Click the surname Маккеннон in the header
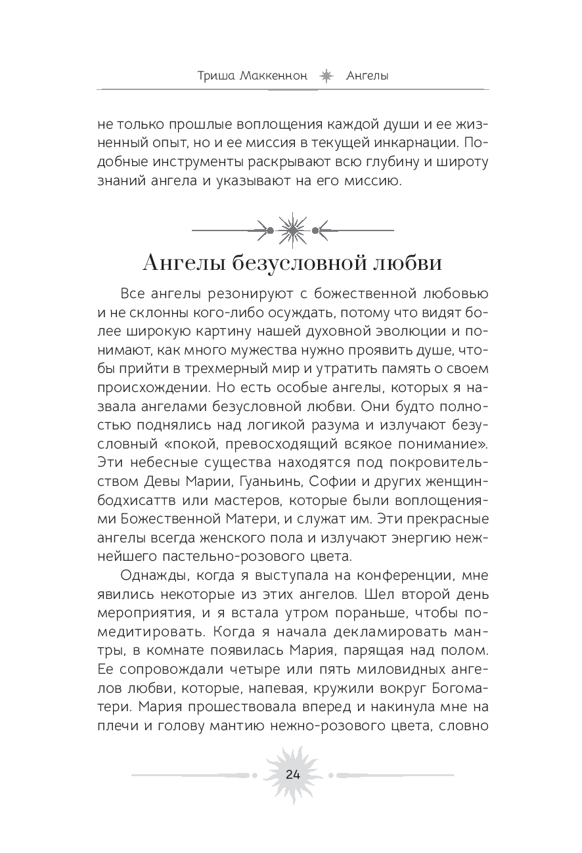(273, 76)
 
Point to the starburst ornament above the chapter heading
(291, 230)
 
